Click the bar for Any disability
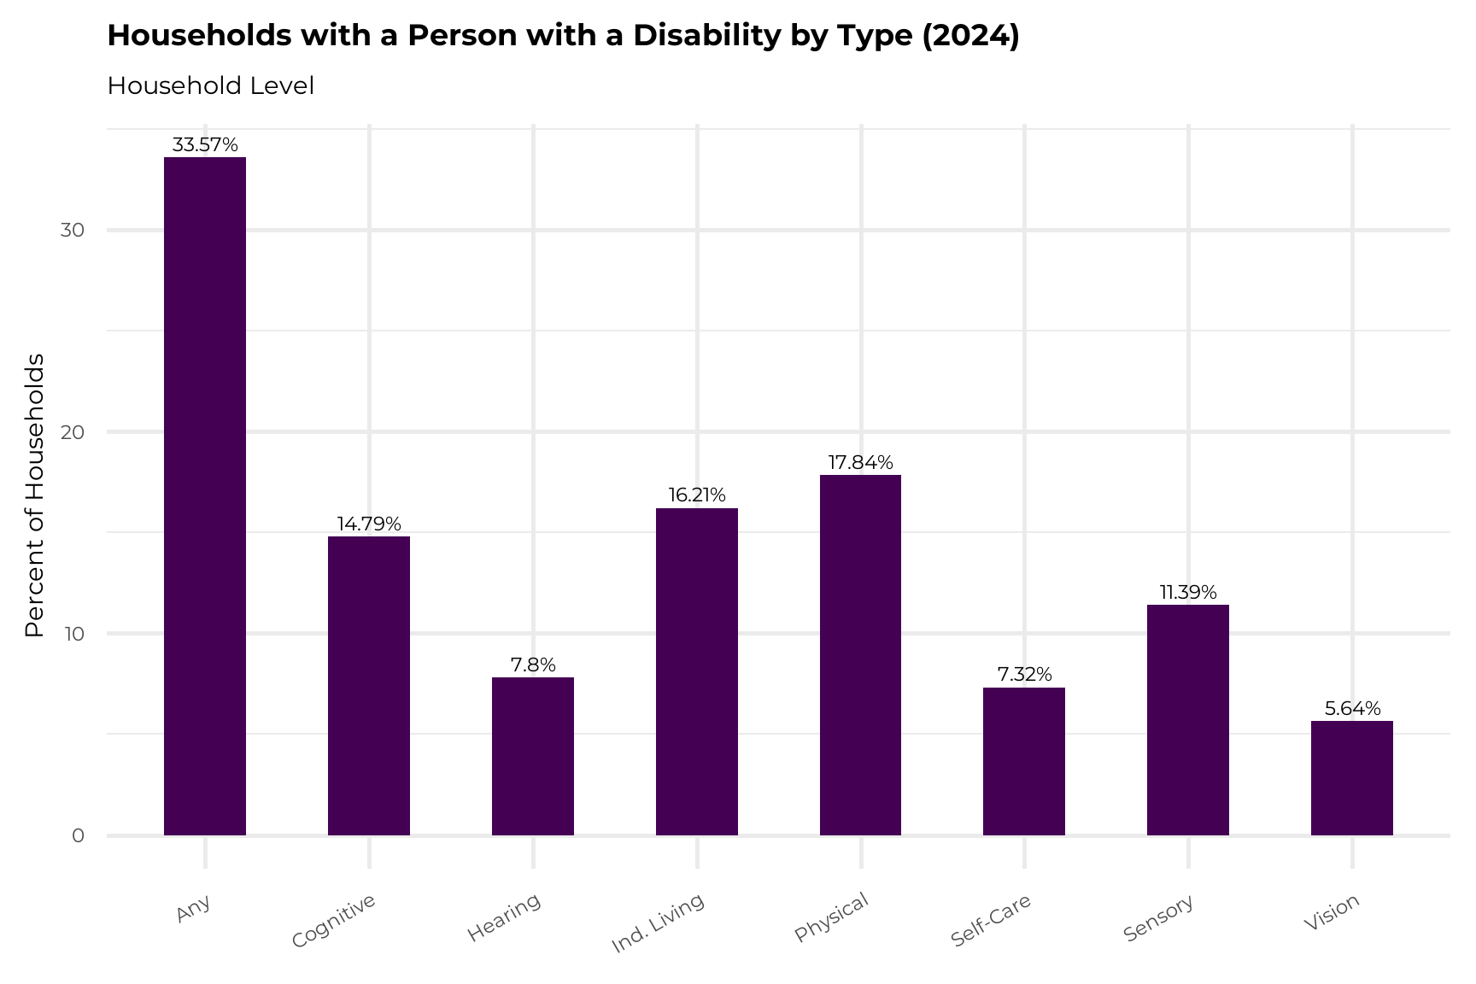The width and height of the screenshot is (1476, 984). click(205, 495)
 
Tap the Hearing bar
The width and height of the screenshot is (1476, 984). click(533, 756)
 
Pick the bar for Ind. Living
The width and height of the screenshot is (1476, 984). click(697, 671)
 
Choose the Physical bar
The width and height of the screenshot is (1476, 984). click(860, 654)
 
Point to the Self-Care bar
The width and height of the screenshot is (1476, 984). click(1024, 761)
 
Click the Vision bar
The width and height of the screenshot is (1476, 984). click(1352, 778)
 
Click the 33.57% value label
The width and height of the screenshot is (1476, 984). click(205, 144)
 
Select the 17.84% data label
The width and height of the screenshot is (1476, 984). click(860, 462)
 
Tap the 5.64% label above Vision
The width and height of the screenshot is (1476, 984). click(1352, 708)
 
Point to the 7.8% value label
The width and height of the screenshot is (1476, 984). click(533, 665)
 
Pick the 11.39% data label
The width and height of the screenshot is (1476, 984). click(1188, 592)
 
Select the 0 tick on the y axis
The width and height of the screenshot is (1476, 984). click(78, 835)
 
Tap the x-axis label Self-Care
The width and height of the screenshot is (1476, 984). click(991, 920)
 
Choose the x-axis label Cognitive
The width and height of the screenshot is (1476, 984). click(333, 921)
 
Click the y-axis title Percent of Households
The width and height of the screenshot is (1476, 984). click(34, 495)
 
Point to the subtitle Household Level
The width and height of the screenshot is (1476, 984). click(211, 86)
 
